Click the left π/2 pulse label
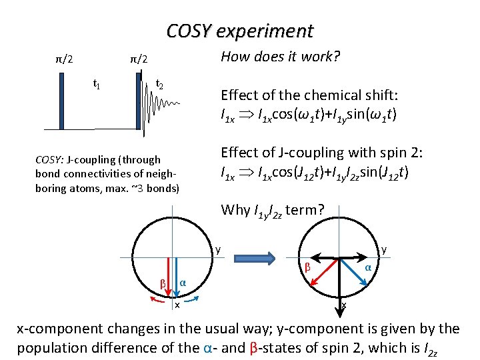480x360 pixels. pos(65,60)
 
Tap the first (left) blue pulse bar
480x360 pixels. pos(61,100)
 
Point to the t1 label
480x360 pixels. pos(96,84)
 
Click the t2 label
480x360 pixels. pos(160,84)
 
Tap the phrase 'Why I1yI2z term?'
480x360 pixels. pos(273,211)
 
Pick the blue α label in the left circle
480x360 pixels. pos(182,283)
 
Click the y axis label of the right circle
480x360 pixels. pos(383,250)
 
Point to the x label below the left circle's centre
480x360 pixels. pos(177,305)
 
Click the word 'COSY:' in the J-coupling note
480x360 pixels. pos(49,159)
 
